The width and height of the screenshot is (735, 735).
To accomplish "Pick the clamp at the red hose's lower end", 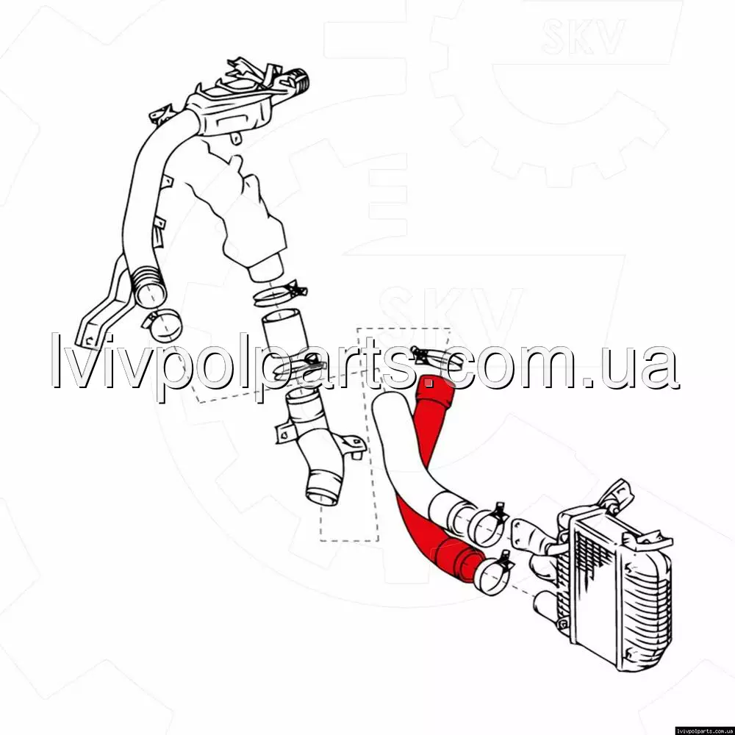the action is tap(492, 574).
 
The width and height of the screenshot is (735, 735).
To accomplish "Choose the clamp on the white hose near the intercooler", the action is tap(487, 524).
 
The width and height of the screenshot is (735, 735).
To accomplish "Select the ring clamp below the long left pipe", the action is tap(162, 326).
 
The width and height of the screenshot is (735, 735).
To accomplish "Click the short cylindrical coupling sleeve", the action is tap(284, 335).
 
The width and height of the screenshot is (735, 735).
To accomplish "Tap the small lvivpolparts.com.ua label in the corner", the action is tap(705, 731).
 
